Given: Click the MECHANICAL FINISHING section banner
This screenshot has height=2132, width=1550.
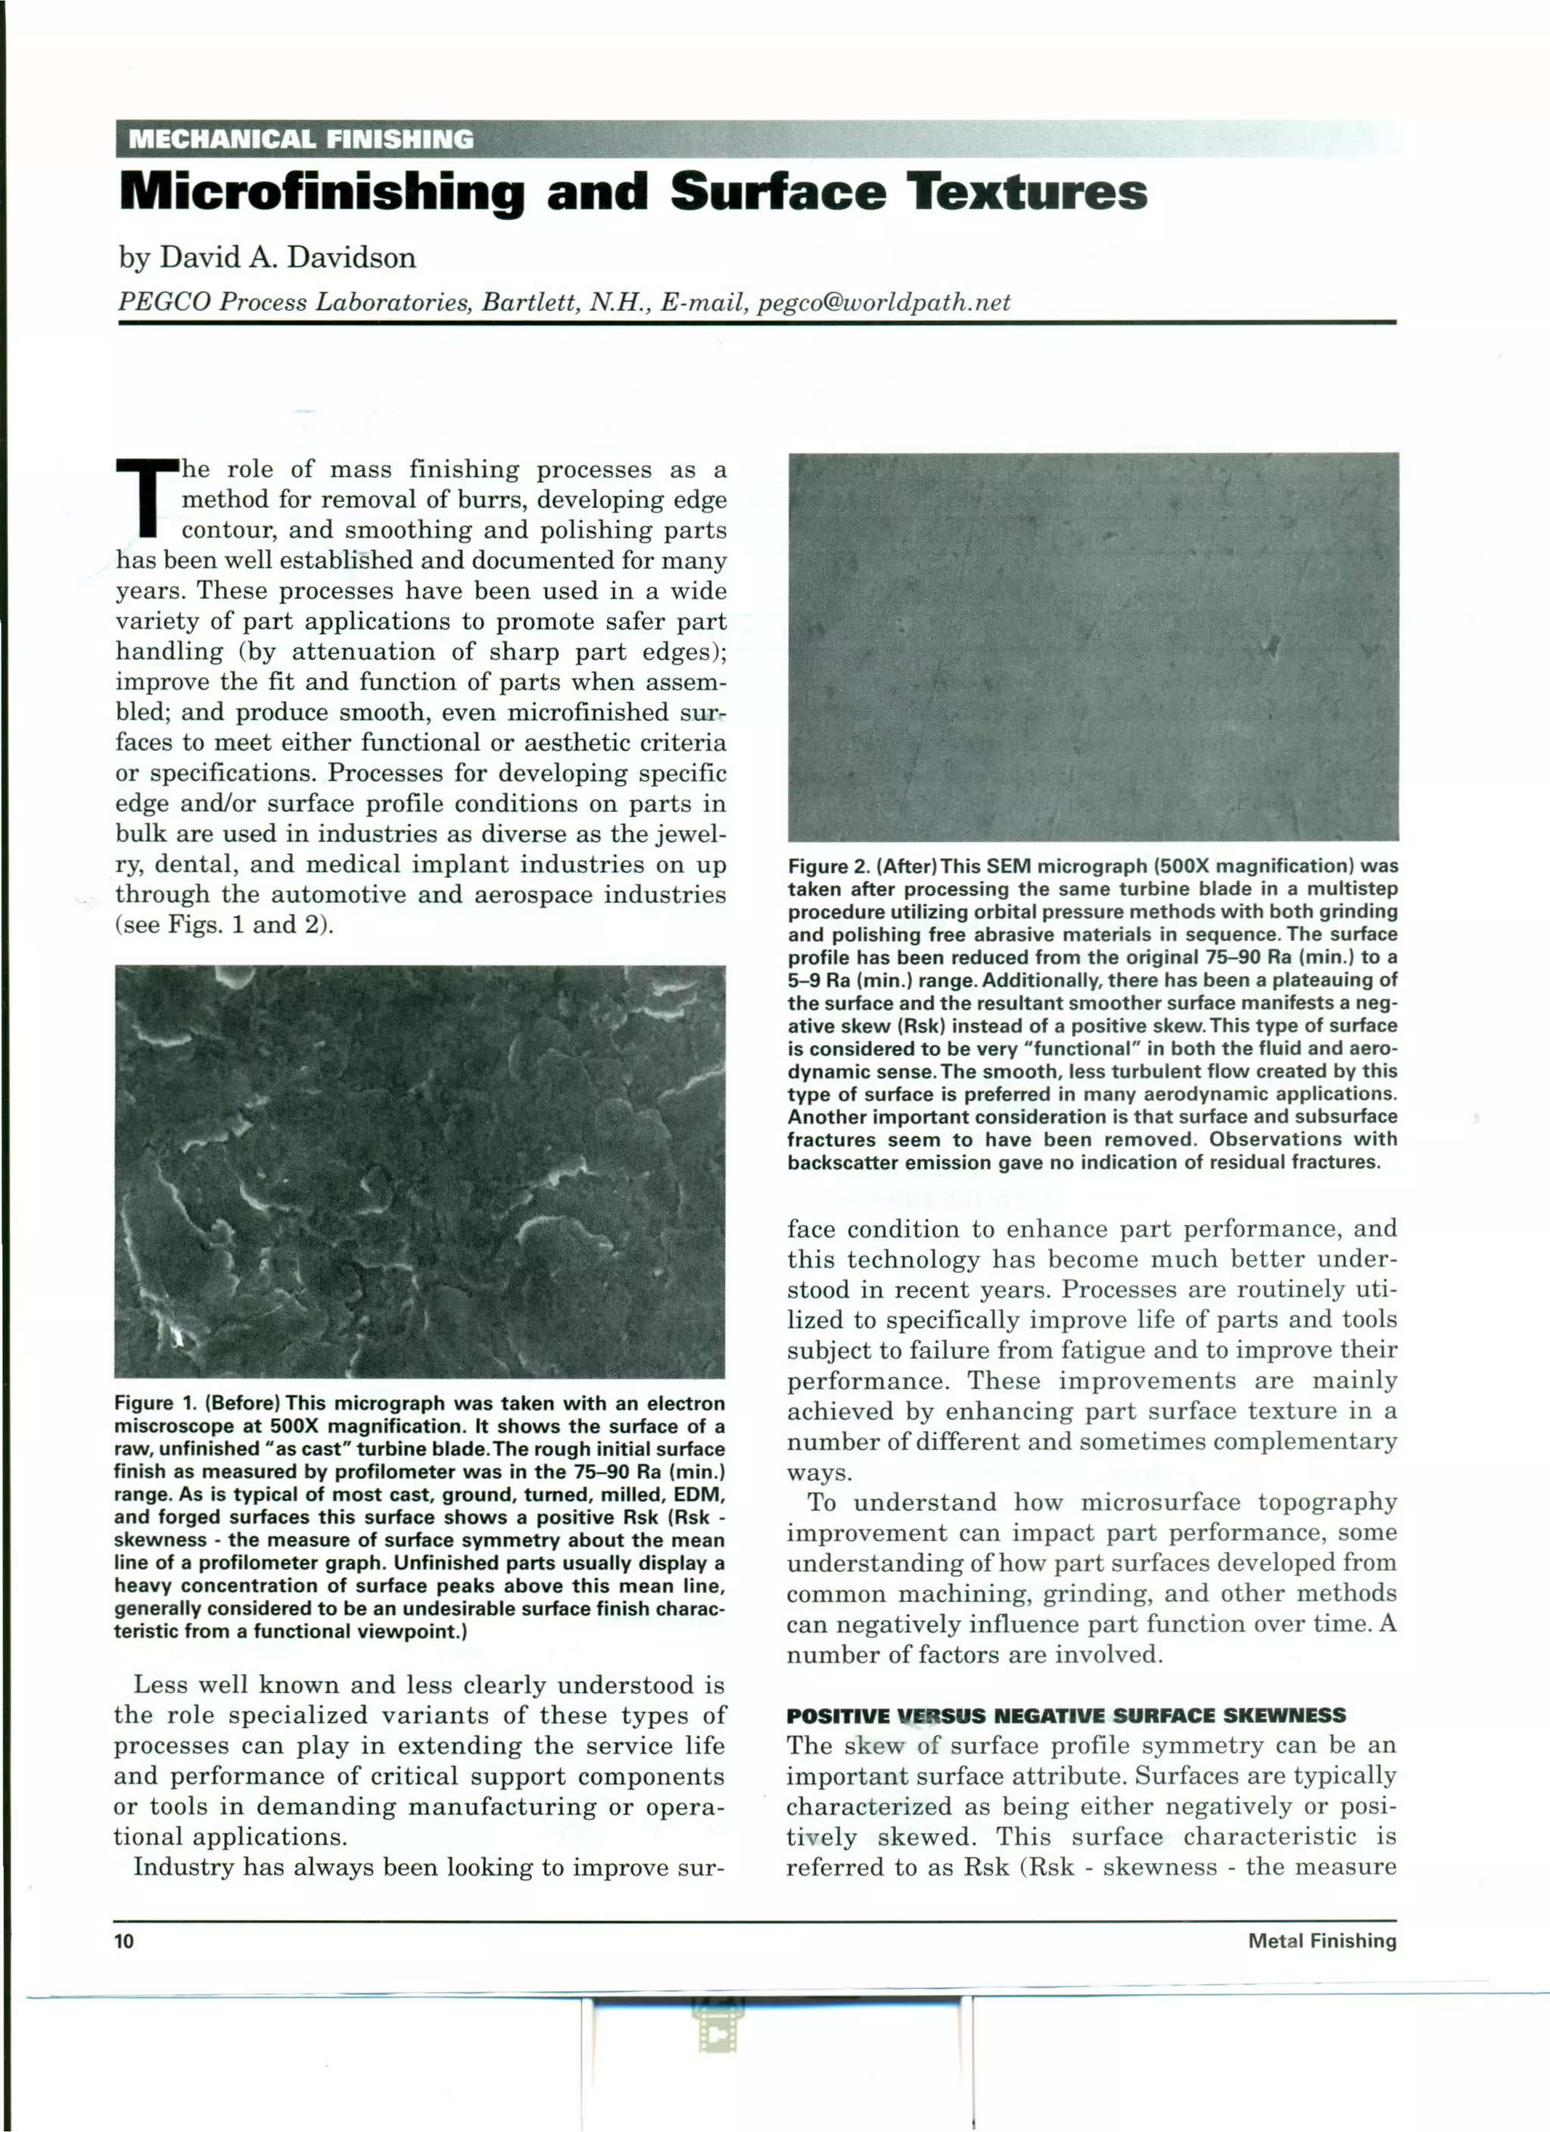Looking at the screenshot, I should point(300,139).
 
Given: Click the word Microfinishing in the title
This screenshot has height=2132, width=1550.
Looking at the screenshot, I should point(322,193).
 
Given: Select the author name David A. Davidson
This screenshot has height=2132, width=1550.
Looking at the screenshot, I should point(288,257).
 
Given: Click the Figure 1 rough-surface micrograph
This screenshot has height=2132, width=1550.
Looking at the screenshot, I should point(419,1170).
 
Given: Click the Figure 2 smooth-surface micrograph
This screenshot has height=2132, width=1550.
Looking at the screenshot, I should point(1092,647).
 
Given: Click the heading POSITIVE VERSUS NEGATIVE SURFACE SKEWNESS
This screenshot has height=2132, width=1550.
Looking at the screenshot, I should point(1066,1715).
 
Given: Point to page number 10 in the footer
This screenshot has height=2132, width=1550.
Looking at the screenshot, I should point(124,1941).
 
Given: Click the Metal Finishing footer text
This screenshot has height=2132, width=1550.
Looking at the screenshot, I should point(1321,1941).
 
